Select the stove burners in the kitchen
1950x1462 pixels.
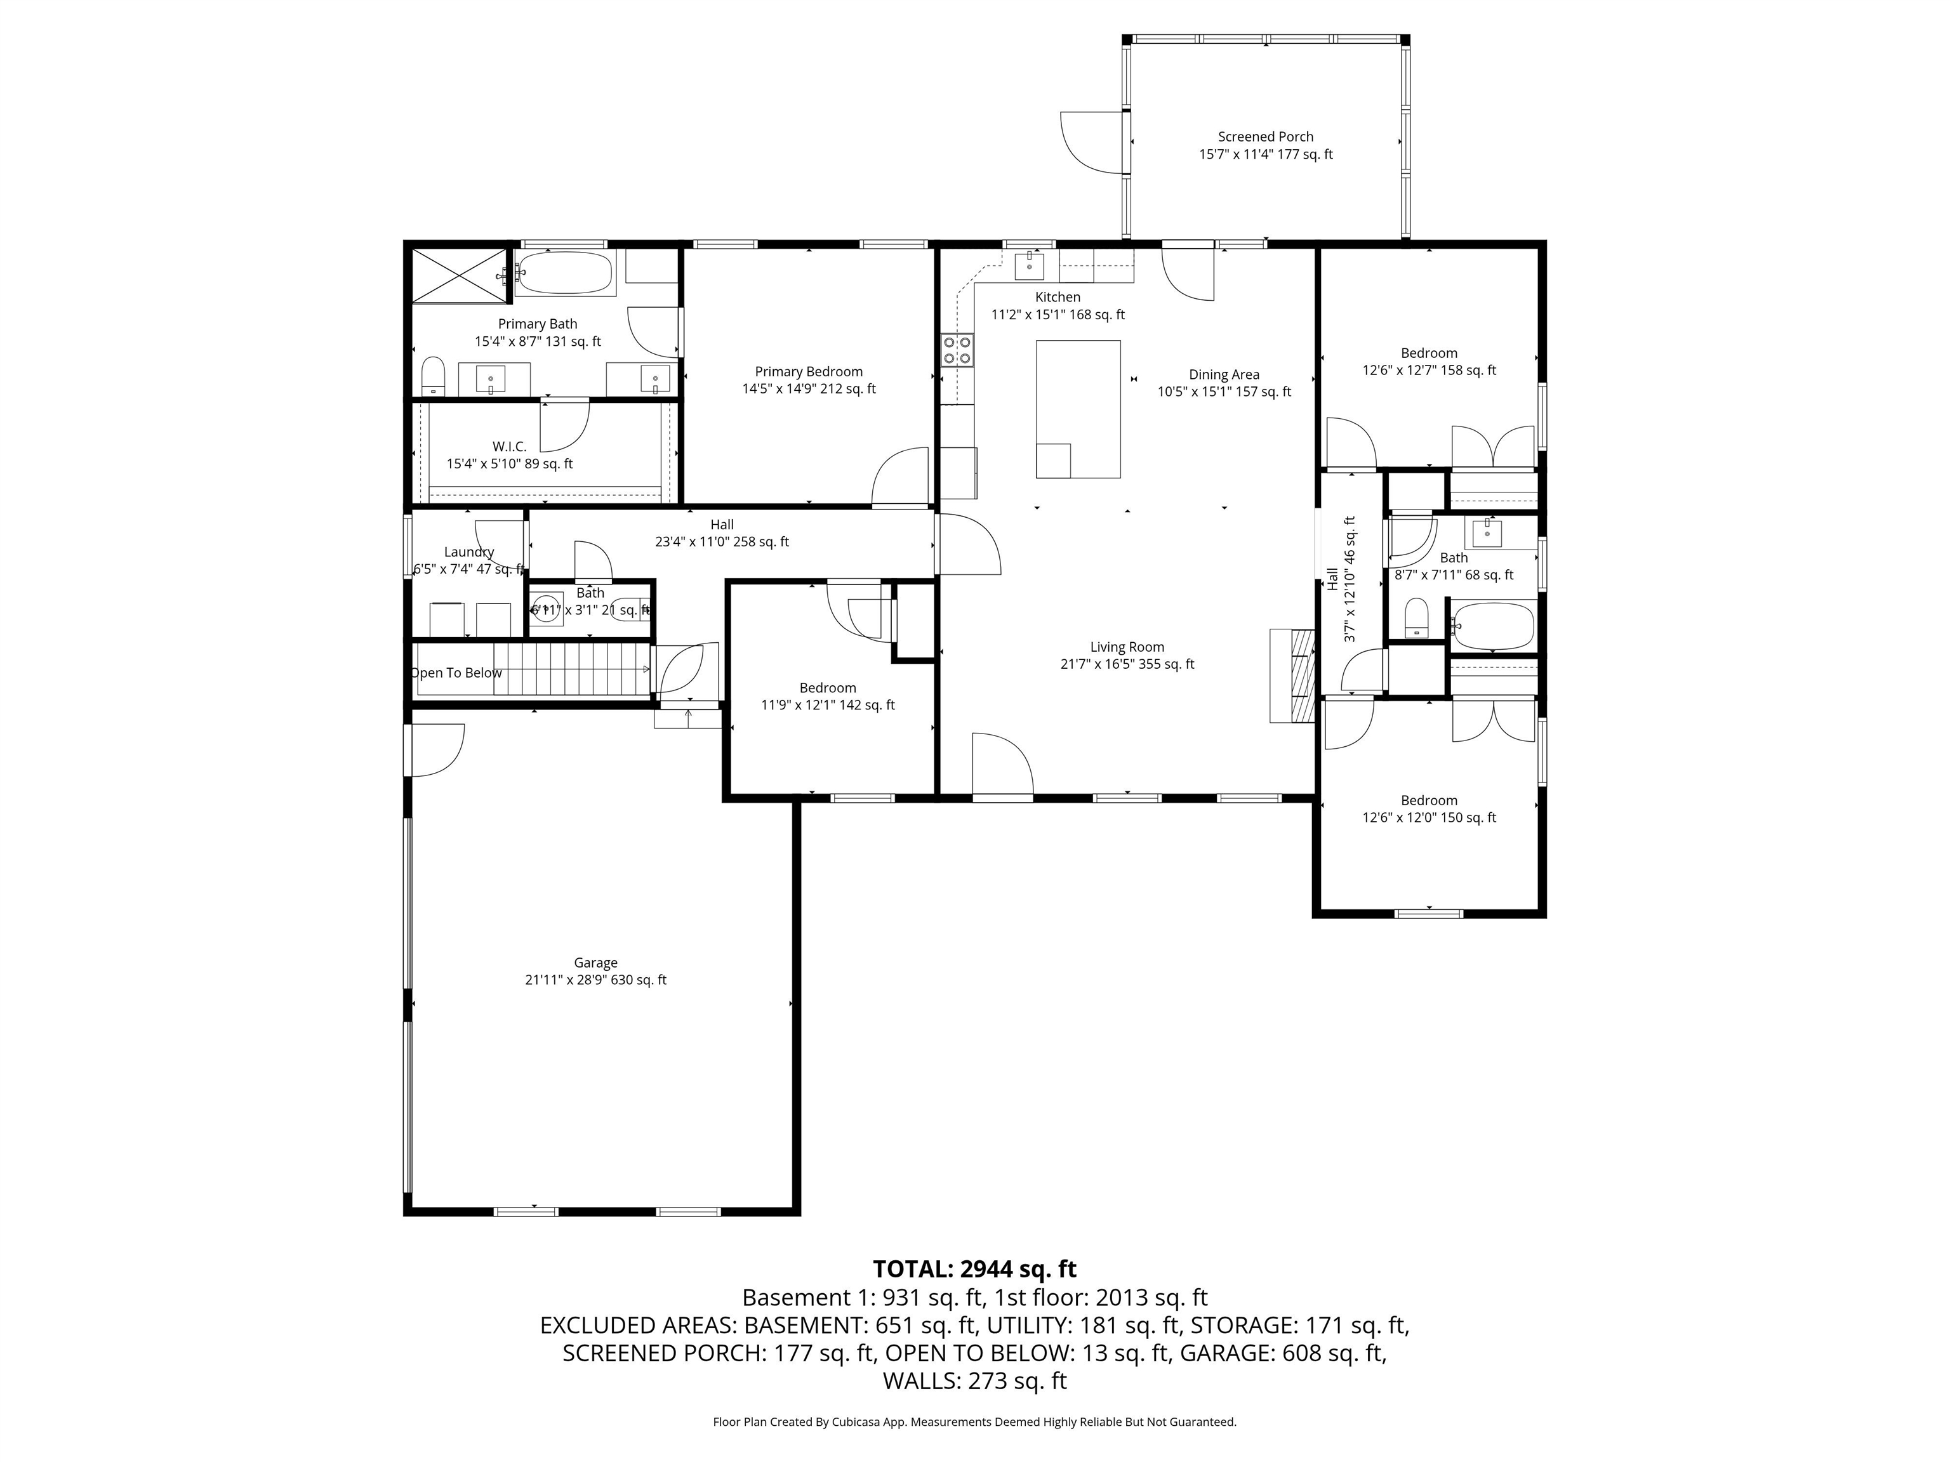coord(957,349)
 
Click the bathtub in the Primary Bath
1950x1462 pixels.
coord(564,273)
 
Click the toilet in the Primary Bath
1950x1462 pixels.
coord(433,376)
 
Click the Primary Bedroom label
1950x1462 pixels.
coord(809,372)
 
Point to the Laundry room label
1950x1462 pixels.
coord(469,551)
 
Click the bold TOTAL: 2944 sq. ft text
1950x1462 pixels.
coord(974,1269)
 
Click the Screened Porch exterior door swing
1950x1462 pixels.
coord(1091,141)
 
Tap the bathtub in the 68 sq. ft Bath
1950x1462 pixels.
coord(1492,626)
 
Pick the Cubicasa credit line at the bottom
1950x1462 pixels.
coord(974,1421)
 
